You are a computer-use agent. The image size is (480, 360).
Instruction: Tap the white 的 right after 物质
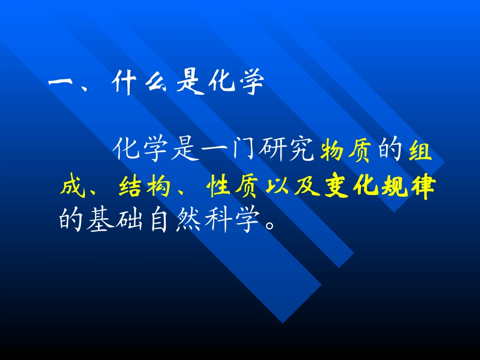point(391,150)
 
